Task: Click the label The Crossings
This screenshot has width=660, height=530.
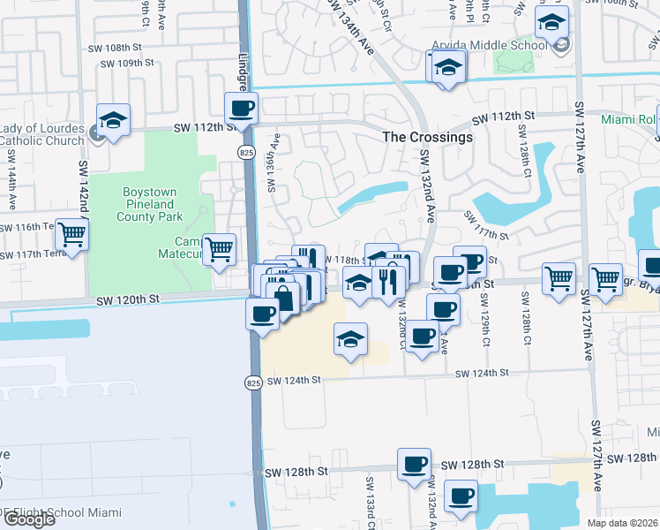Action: coord(427,137)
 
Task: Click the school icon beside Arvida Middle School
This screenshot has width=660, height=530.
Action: coord(552,23)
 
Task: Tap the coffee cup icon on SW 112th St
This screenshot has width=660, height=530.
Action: coord(241,110)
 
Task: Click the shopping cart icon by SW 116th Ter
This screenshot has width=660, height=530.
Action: coord(72,235)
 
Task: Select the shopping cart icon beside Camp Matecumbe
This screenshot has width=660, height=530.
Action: coord(219,249)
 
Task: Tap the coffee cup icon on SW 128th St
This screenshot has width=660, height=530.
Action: coord(414,465)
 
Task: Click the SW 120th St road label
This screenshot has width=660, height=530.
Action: coord(129,299)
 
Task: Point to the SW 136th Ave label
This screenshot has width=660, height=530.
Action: coord(274,163)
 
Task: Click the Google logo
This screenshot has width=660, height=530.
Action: coord(28,519)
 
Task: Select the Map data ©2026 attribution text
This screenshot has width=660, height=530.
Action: coord(623,523)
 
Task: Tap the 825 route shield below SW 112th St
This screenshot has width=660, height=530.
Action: coord(248,153)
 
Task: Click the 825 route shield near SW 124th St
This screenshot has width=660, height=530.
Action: coord(253,382)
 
